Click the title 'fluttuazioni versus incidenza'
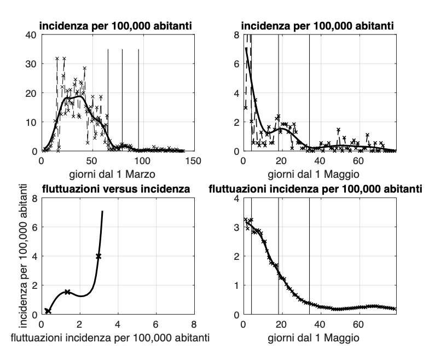click(x=117, y=190)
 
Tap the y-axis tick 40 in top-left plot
click(x=31, y=34)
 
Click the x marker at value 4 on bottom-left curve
click(x=98, y=256)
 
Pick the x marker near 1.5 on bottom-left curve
click(x=67, y=292)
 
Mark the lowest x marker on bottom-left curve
click(x=48, y=311)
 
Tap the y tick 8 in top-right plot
click(x=236, y=34)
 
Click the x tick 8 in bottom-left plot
click(x=194, y=324)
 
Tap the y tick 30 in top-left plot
click(x=31, y=63)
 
